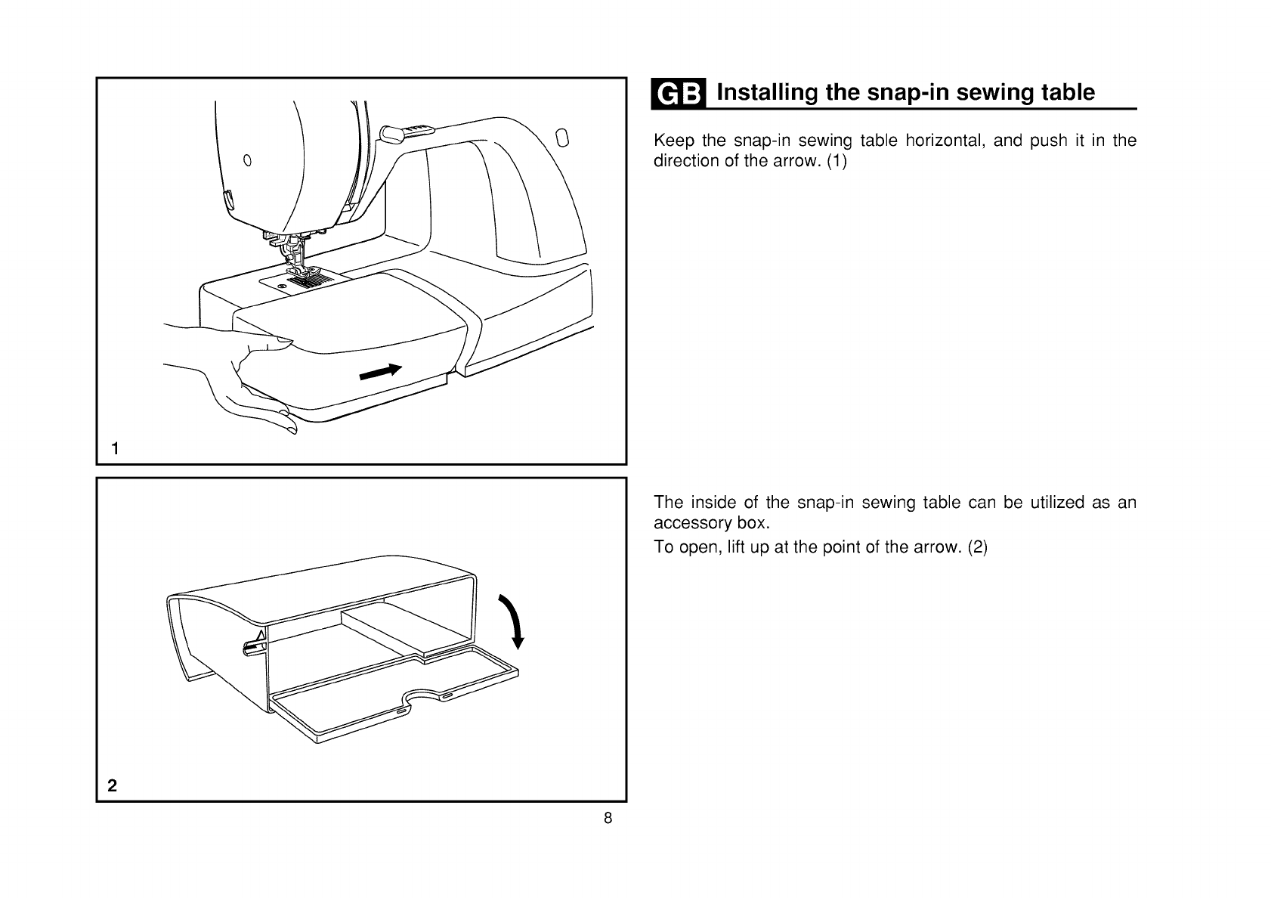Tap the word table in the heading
pyautogui.click(x=1067, y=93)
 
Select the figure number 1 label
pyautogui.click(x=115, y=449)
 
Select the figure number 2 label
pyautogui.click(x=113, y=785)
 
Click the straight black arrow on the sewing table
pyautogui.click(x=380, y=371)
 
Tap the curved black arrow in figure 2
pyautogui.click(x=510, y=621)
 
